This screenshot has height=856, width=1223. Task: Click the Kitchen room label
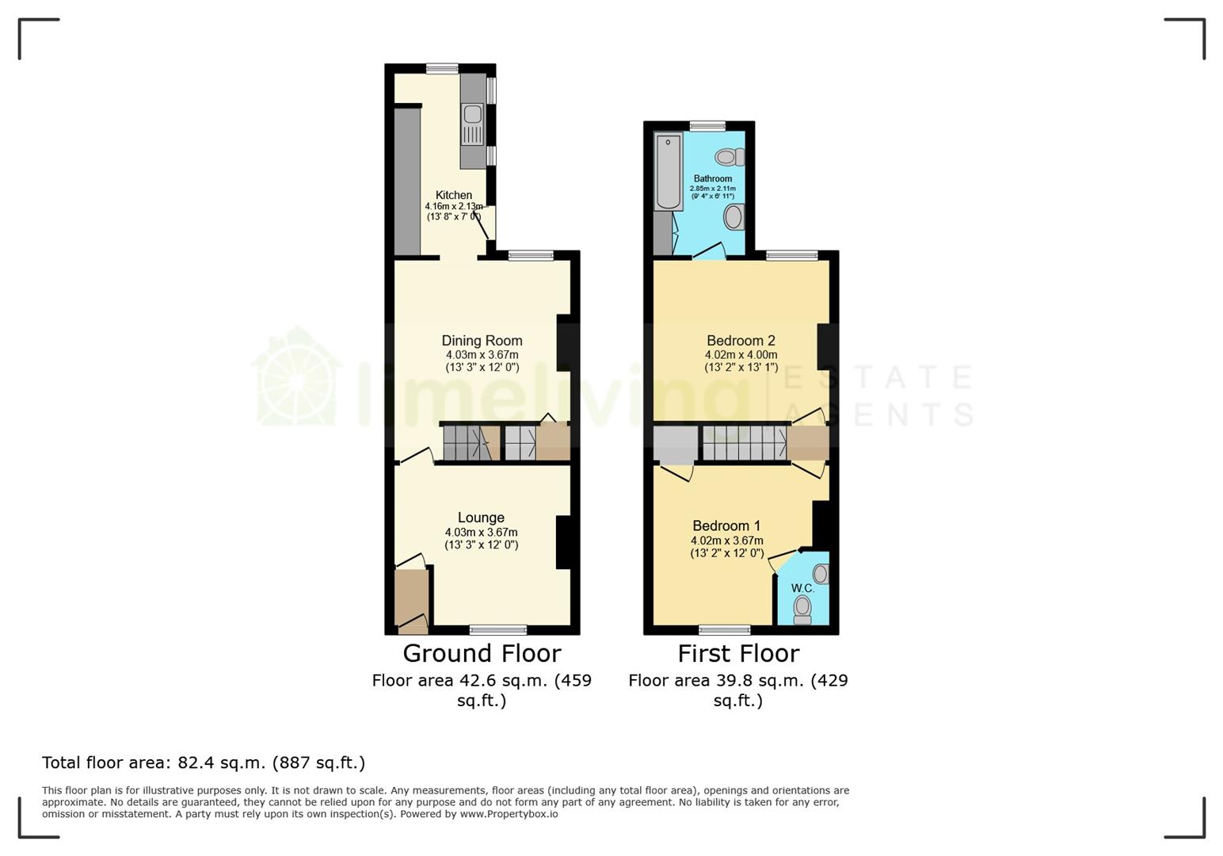click(454, 195)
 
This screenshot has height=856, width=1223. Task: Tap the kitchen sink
click(473, 116)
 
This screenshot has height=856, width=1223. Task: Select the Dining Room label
click(482, 341)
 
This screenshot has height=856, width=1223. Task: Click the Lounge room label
click(481, 518)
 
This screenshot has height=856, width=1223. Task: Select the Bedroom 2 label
click(741, 341)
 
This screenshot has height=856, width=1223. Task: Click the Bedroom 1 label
click(726, 525)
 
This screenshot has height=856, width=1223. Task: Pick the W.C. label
click(802, 588)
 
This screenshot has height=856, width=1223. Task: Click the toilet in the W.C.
click(803, 608)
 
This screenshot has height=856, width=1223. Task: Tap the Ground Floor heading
click(482, 653)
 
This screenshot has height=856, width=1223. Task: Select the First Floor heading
click(738, 653)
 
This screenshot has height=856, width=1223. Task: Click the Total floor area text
click(204, 762)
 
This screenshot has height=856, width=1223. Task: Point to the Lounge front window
click(498, 630)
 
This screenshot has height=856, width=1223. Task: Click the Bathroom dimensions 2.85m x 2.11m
click(712, 188)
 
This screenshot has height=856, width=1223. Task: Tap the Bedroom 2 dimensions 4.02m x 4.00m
click(741, 355)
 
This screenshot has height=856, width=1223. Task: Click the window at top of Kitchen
click(442, 69)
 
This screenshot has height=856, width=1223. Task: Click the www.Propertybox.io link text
click(509, 814)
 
